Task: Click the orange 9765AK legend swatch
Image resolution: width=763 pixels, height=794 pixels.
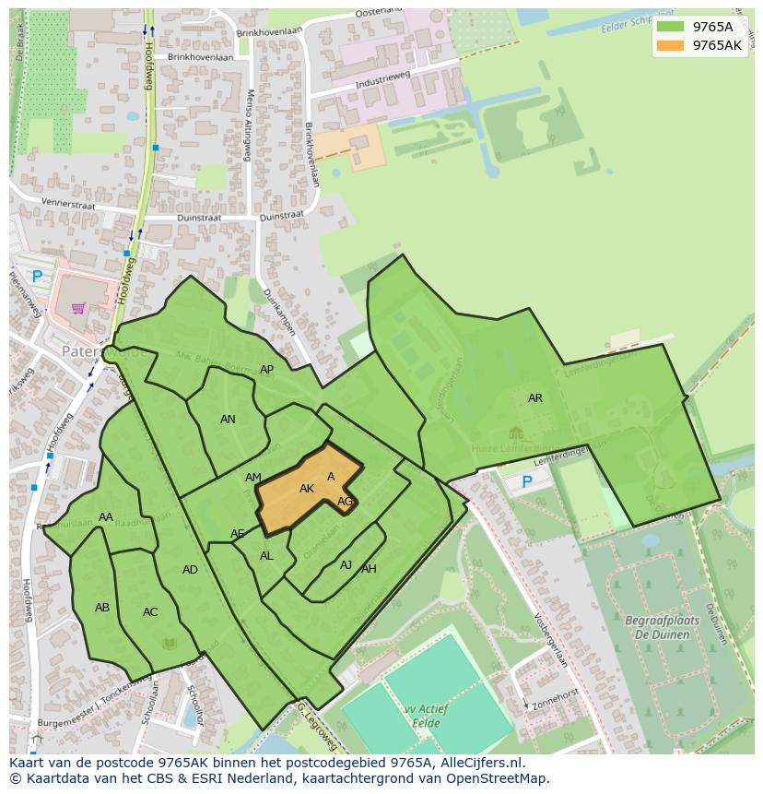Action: click(670, 45)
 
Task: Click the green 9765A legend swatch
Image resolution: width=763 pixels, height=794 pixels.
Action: click(670, 27)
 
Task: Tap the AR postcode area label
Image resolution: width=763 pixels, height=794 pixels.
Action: click(534, 398)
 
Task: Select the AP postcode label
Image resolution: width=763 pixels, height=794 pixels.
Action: click(266, 370)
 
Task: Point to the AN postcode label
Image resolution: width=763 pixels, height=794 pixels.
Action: click(228, 420)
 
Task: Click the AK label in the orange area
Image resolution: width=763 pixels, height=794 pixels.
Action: click(307, 489)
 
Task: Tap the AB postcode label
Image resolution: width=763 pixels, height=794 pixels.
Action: click(102, 608)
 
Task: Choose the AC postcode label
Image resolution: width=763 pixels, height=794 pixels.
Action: click(150, 612)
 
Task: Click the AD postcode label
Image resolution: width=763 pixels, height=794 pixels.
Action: click(190, 570)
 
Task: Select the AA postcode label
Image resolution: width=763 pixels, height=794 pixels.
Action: click(106, 517)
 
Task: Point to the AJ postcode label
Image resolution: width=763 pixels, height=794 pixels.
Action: click(346, 565)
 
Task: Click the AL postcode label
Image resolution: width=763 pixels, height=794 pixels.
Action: click(266, 556)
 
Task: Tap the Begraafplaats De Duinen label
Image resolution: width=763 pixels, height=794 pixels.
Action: click(662, 628)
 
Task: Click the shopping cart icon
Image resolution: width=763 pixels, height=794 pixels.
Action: click(78, 308)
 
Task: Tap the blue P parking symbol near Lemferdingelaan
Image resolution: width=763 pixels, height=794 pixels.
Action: click(527, 481)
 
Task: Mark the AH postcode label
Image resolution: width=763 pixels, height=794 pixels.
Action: click(369, 569)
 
